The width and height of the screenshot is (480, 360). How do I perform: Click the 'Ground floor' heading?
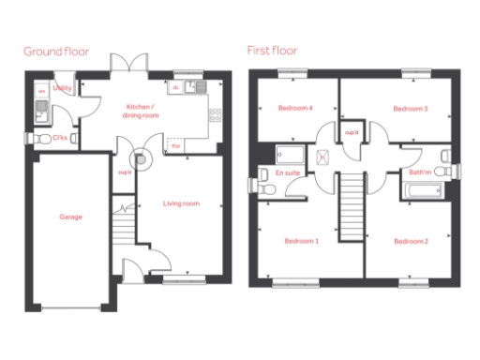click(56, 51)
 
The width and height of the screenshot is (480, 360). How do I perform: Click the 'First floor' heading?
click(272, 51)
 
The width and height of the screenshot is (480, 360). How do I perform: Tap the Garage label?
click(70, 217)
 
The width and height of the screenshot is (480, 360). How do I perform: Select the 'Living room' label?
click(181, 203)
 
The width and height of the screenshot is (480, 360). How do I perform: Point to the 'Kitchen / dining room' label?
click(142, 111)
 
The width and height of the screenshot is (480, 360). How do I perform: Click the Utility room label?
click(63, 88)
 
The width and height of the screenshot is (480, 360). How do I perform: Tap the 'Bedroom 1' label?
click(302, 241)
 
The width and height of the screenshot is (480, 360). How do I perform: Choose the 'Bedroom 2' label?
click(411, 242)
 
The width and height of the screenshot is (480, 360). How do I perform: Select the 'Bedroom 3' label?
click(410, 109)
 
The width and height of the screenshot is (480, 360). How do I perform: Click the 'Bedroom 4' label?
click(295, 109)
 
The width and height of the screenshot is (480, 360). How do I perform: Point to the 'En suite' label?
click(287, 172)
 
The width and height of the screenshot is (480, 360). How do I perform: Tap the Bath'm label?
click(419, 172)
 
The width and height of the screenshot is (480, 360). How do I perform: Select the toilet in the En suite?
click(267, 188)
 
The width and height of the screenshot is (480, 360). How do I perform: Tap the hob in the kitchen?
click(215, 116)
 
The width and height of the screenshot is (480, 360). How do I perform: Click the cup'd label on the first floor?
click(352, 132)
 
